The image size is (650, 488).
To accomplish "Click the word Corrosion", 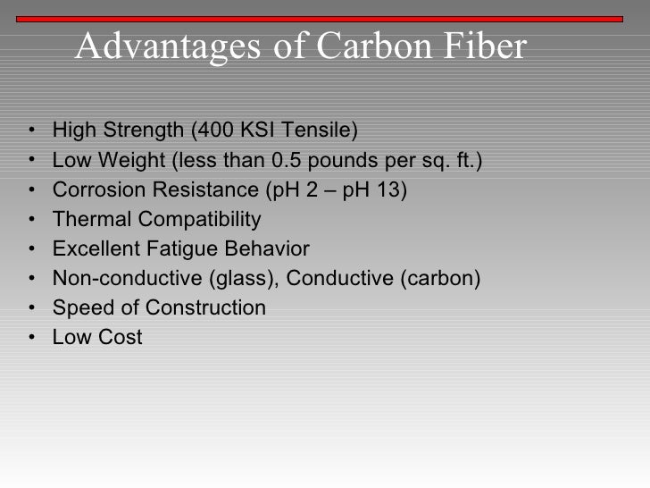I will [93, 190].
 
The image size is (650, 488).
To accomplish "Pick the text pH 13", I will [374, 190].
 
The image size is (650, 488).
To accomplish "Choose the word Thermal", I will [87, 220].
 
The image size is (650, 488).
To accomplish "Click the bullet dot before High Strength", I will [32, 133].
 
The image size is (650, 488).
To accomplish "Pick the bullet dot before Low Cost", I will [32, 338].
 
